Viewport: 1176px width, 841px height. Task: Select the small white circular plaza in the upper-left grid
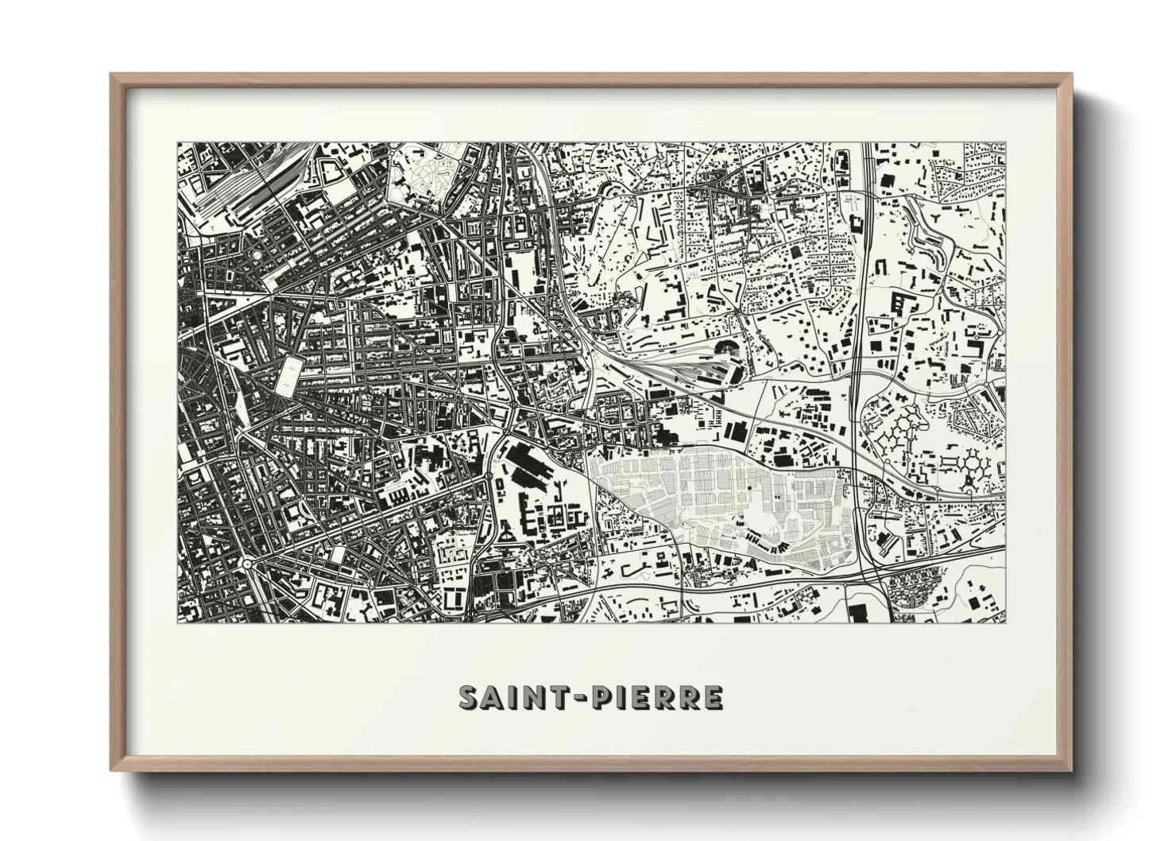pos(260,253)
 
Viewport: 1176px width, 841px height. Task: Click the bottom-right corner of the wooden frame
pos(1070,769)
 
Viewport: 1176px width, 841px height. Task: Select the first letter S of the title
pos(468,697)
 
